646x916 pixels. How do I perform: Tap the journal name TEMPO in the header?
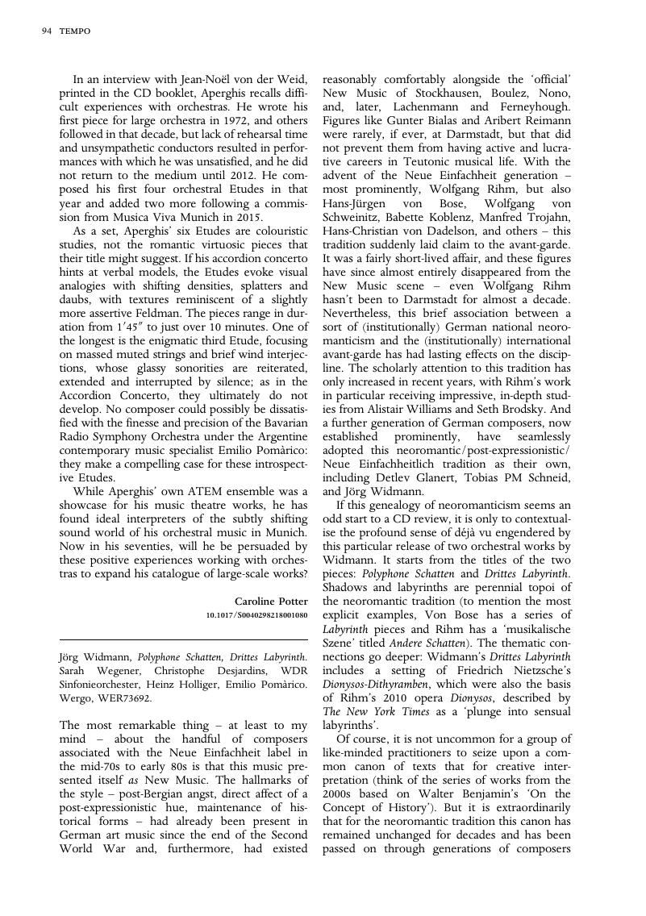click(75, 31)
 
